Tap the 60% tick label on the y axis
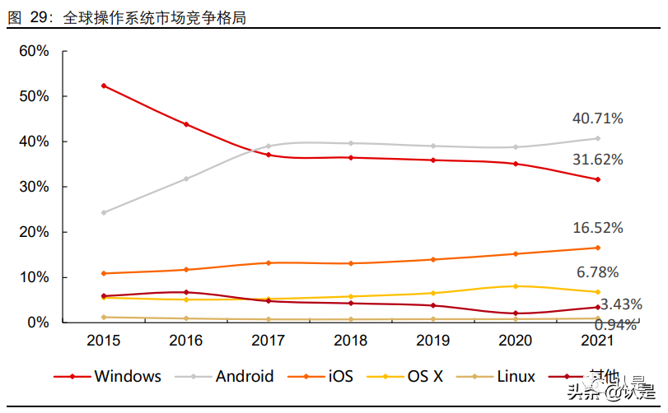coord(35,51)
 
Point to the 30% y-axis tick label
coord(35,187)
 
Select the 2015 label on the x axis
coord(103,340)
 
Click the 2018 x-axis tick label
coord(351,340)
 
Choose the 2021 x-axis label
coord(598,340)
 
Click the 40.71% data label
coord(598,118)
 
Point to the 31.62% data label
coord(598,160)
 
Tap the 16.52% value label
coord(598,228)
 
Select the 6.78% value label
coord(598,272)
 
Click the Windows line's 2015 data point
coord(103,86)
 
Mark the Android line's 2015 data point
coord(103,212)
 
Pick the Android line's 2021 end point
coord(598,138)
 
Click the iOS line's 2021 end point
coord(598,248)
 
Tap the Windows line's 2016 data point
coord(186,124)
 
